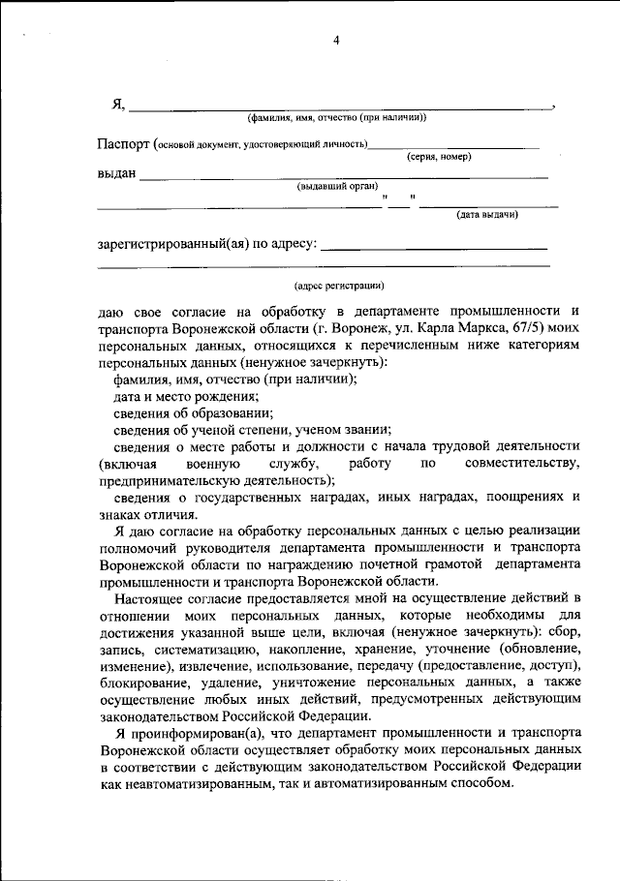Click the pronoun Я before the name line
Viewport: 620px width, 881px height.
118,105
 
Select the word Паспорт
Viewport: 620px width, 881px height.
124,143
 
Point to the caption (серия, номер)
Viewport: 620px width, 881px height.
439,156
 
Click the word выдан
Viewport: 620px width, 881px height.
116,174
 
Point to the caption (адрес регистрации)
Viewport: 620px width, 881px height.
338,286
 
